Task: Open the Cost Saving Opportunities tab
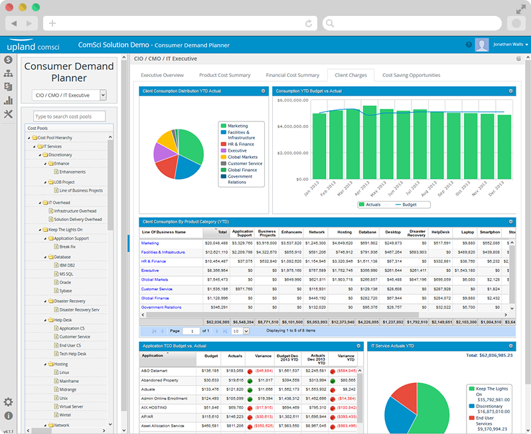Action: tap(411, 75)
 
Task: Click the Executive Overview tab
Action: tap(162, 75)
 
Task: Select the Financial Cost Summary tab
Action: tap(292, 75)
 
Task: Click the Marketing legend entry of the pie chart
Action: tap(238, 125)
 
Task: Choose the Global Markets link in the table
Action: tap(155, 279)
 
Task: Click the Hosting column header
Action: tap(344, 232)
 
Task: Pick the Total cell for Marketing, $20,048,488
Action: tap(216, 243)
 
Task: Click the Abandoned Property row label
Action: tap(161, 380)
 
